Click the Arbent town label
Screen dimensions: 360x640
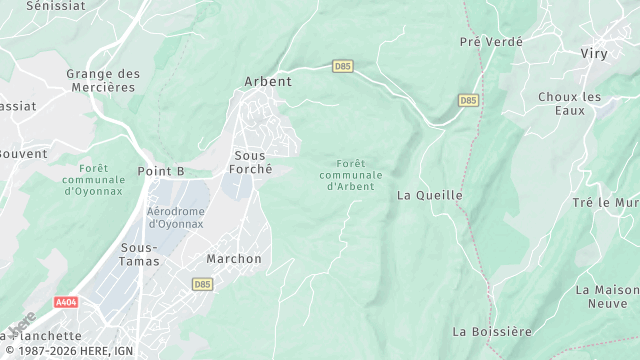pyautogui.click(x=268, y=82)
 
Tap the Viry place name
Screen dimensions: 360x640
pyautogui.click(x=594, y=54)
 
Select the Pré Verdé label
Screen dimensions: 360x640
pyautogui.click(x=491, y=41)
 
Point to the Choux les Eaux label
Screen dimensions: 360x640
pyautogui.click(x=570, y=104)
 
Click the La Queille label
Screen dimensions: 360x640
pyautogui.click(x=430, y=196)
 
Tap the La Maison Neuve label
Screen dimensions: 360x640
pyautogui.click(x=607, y=296)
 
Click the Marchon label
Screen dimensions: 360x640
pyautogui.click(x=234, y=259)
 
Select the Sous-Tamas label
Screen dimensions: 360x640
pyautogui.click(x=139, y=254)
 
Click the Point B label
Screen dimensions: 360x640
pyautogui.click(x=161, y=172)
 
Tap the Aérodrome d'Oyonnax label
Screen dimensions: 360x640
pyautogui.click(x=175, y=218)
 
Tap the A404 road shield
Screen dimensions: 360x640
pyautogui.click(x=66, y=302)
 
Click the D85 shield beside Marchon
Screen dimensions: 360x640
pyautogui.click(x=202, y=284)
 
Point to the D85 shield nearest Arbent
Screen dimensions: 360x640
pyautogui.click(x=343, y=66)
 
